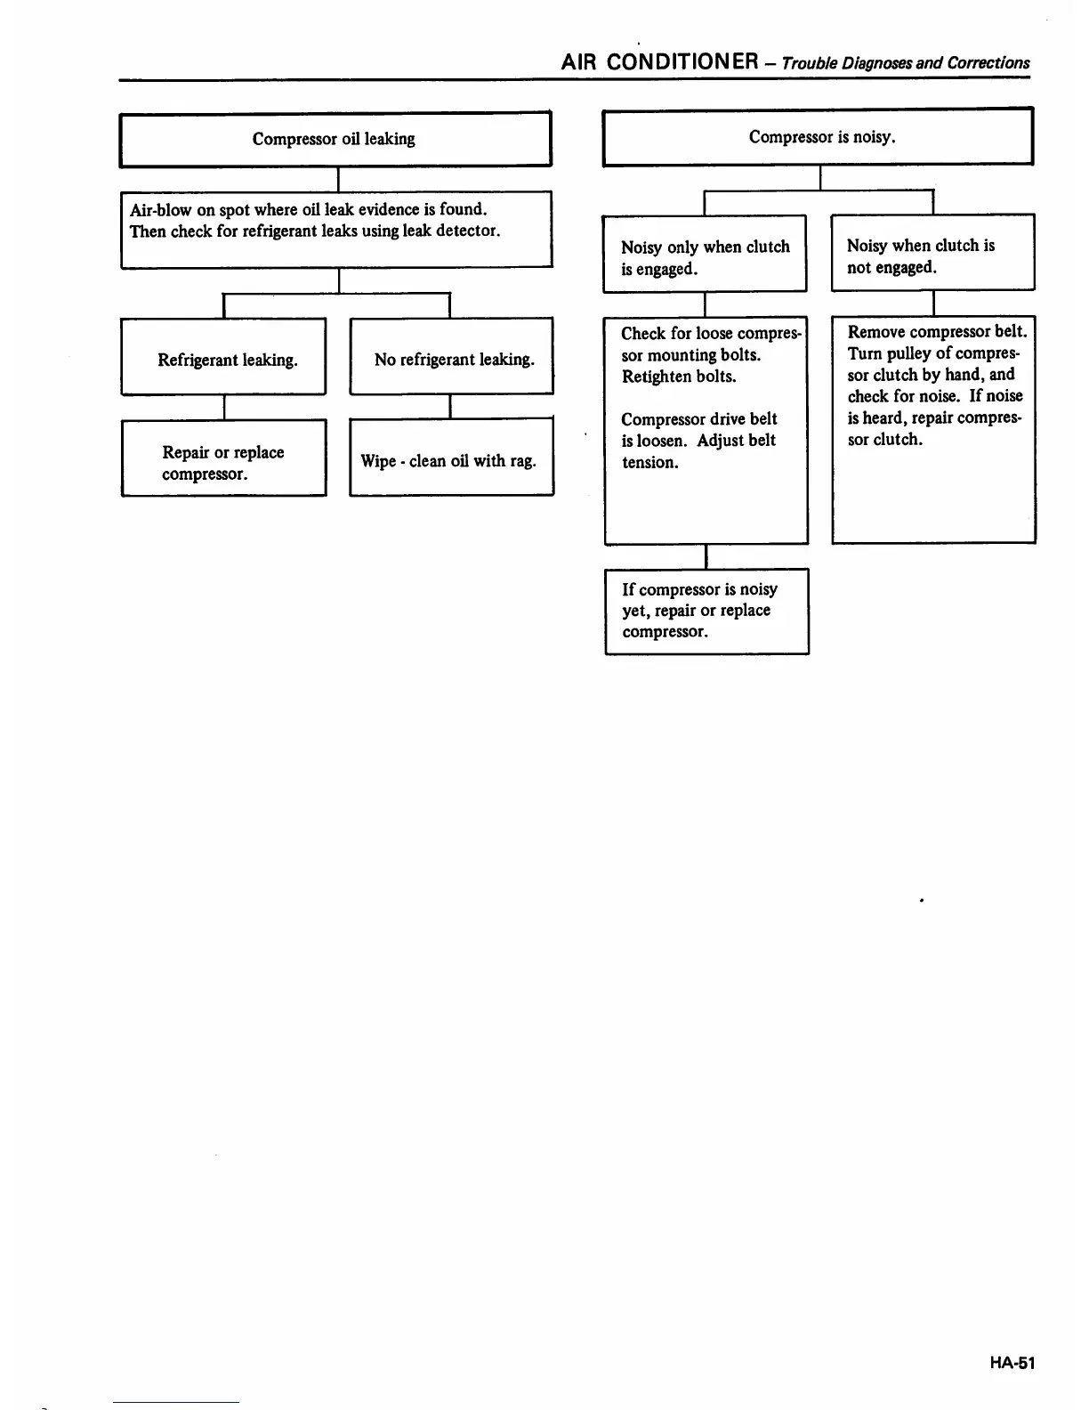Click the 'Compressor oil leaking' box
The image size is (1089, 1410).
click(335, 139)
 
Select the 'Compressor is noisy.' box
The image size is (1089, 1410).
click(818, 137)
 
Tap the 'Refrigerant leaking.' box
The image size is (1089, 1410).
click(223, 356)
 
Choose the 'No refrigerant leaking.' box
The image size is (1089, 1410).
click(452, 356)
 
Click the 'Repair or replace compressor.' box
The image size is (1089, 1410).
click(223, 458)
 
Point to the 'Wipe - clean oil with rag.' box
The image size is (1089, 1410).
click(451, 458)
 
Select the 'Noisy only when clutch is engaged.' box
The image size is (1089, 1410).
click(705, 254)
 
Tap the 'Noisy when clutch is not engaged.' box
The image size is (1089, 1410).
click(932, 253)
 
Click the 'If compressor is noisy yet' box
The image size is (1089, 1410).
click(706, 611)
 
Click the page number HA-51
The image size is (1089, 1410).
click(1011, 1363)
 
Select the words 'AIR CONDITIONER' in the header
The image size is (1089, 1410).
click(659, 62)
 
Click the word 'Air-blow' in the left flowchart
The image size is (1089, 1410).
click(160, 210)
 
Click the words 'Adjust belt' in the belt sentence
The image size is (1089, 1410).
click(736, 441)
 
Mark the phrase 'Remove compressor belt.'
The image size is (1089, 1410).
click(936, 332)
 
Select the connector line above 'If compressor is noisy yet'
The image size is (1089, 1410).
click(706, 555)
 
